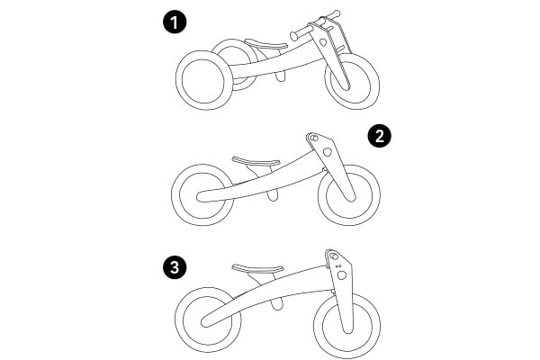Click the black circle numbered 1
pyautogui.click(x=175, y=22)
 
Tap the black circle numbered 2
pyautogui.click(x=379, y=137)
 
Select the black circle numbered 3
pyautogui.click(x=175, y=267)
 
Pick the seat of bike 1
pyautogui.click(x=265, y=44)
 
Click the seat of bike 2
pyautogui.click(x=256, y=161)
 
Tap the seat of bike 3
pyautogui.click(x=257, y=268)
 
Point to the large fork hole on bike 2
pyautogui.click(x=328, y=151)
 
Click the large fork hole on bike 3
pyautogui.click(x=342, y=274)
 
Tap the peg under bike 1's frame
pyautogui.click(x=281, y=76)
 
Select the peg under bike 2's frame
pyautogui.click(x=273, y=195)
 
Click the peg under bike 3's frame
pyautogui.click(x=277, y=304)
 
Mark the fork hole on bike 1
pyautogui.click(x=323, y=42)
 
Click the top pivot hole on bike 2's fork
pyautogui.click(x=313, y=138)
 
